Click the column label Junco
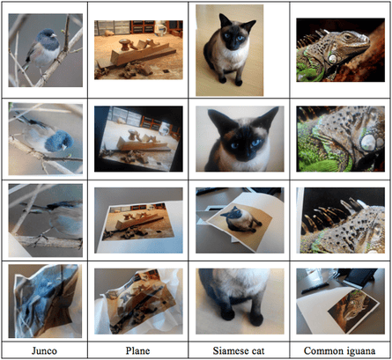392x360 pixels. [47, 350]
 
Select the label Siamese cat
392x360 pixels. [233, 350]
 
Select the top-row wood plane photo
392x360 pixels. [139, 51]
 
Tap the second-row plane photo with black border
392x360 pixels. [139, 138]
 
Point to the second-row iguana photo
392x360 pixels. [336, 138]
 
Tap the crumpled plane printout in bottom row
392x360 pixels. [139, 302]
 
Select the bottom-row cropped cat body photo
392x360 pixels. [233, 302]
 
